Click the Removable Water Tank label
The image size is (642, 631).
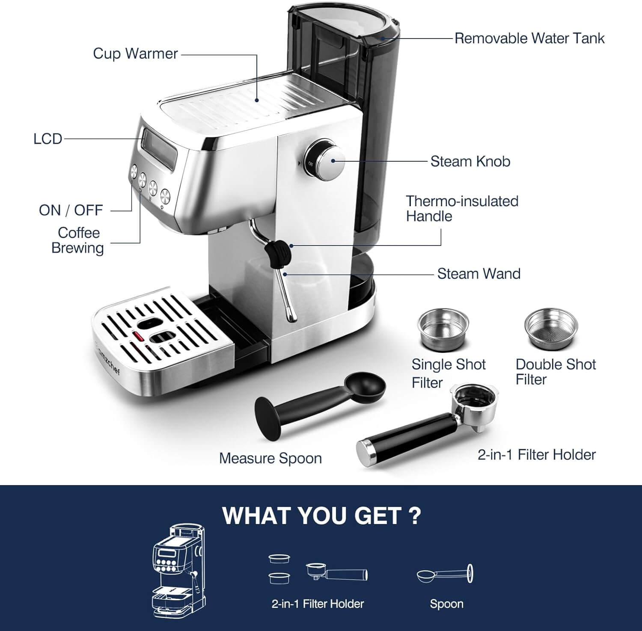pyautogui.click(x=529, y=39)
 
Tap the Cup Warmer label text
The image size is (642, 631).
pyautogui.click(x=135, y=54)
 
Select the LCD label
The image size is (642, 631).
pyautogui.click(x=48, y=139)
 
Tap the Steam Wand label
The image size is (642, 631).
pyautogui.click(x=479, y=274)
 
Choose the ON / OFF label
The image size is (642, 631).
pyautogui.click(x=71, y=210)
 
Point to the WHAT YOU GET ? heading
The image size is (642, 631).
pyautogui.click(x=321, y=515)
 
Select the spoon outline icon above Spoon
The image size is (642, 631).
pyautogui.click(x=445, y=575)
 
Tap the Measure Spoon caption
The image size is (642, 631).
pyautogui.click(x=270, y=458)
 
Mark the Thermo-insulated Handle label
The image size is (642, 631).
pyautogui.click(x=461, y=208)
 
